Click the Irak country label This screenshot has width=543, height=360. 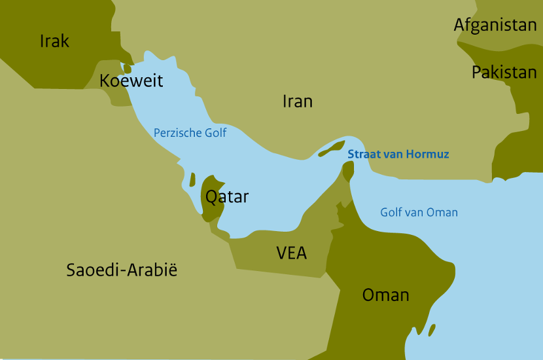pyautogui.click(x=54, y=41)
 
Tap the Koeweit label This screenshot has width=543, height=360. pyautogui.click(x=131, y=81)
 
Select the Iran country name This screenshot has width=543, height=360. pyautogui.click(x=297, y=101)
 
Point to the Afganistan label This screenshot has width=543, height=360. pyautogui.click(x=495, y=26)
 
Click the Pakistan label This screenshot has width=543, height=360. pyautogui.click(x=504, y=72)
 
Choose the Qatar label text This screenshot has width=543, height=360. pyautogui.click(x=227, y=197)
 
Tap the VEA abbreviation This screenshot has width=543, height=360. pyautogui.click(x=291, y=253)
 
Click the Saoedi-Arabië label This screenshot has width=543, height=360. pyautogui.click(x=122, y=270)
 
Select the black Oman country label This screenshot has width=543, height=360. pyautogui.click(x=385, y=295)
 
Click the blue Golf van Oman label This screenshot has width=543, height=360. pyautogui.click(x=419, y=212)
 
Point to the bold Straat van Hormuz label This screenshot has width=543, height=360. pyautogui.click(x=398, y=154)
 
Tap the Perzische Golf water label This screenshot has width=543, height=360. pyautogui.click(x=190, y=133)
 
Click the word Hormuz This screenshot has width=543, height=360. pyautogui.click(x=429, y=154)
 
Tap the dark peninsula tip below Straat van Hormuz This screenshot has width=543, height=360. pyautogui.click(x=348, y=171)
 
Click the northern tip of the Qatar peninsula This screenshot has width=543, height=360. pyautogui.click(x=211, y=178)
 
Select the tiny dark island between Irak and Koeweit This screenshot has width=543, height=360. pyautogui.click(x=127, y=68)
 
